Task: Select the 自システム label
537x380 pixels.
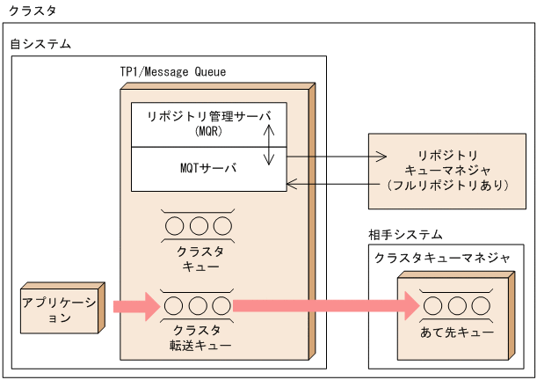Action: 40,43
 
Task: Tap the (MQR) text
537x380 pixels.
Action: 208,132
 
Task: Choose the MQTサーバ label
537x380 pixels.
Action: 208,167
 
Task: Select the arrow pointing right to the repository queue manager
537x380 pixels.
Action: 334,157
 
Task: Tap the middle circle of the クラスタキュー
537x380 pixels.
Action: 199,225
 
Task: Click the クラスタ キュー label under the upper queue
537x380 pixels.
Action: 200,257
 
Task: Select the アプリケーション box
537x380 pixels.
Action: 58,309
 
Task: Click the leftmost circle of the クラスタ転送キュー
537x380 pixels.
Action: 175,305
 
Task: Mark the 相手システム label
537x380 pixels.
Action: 405,235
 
